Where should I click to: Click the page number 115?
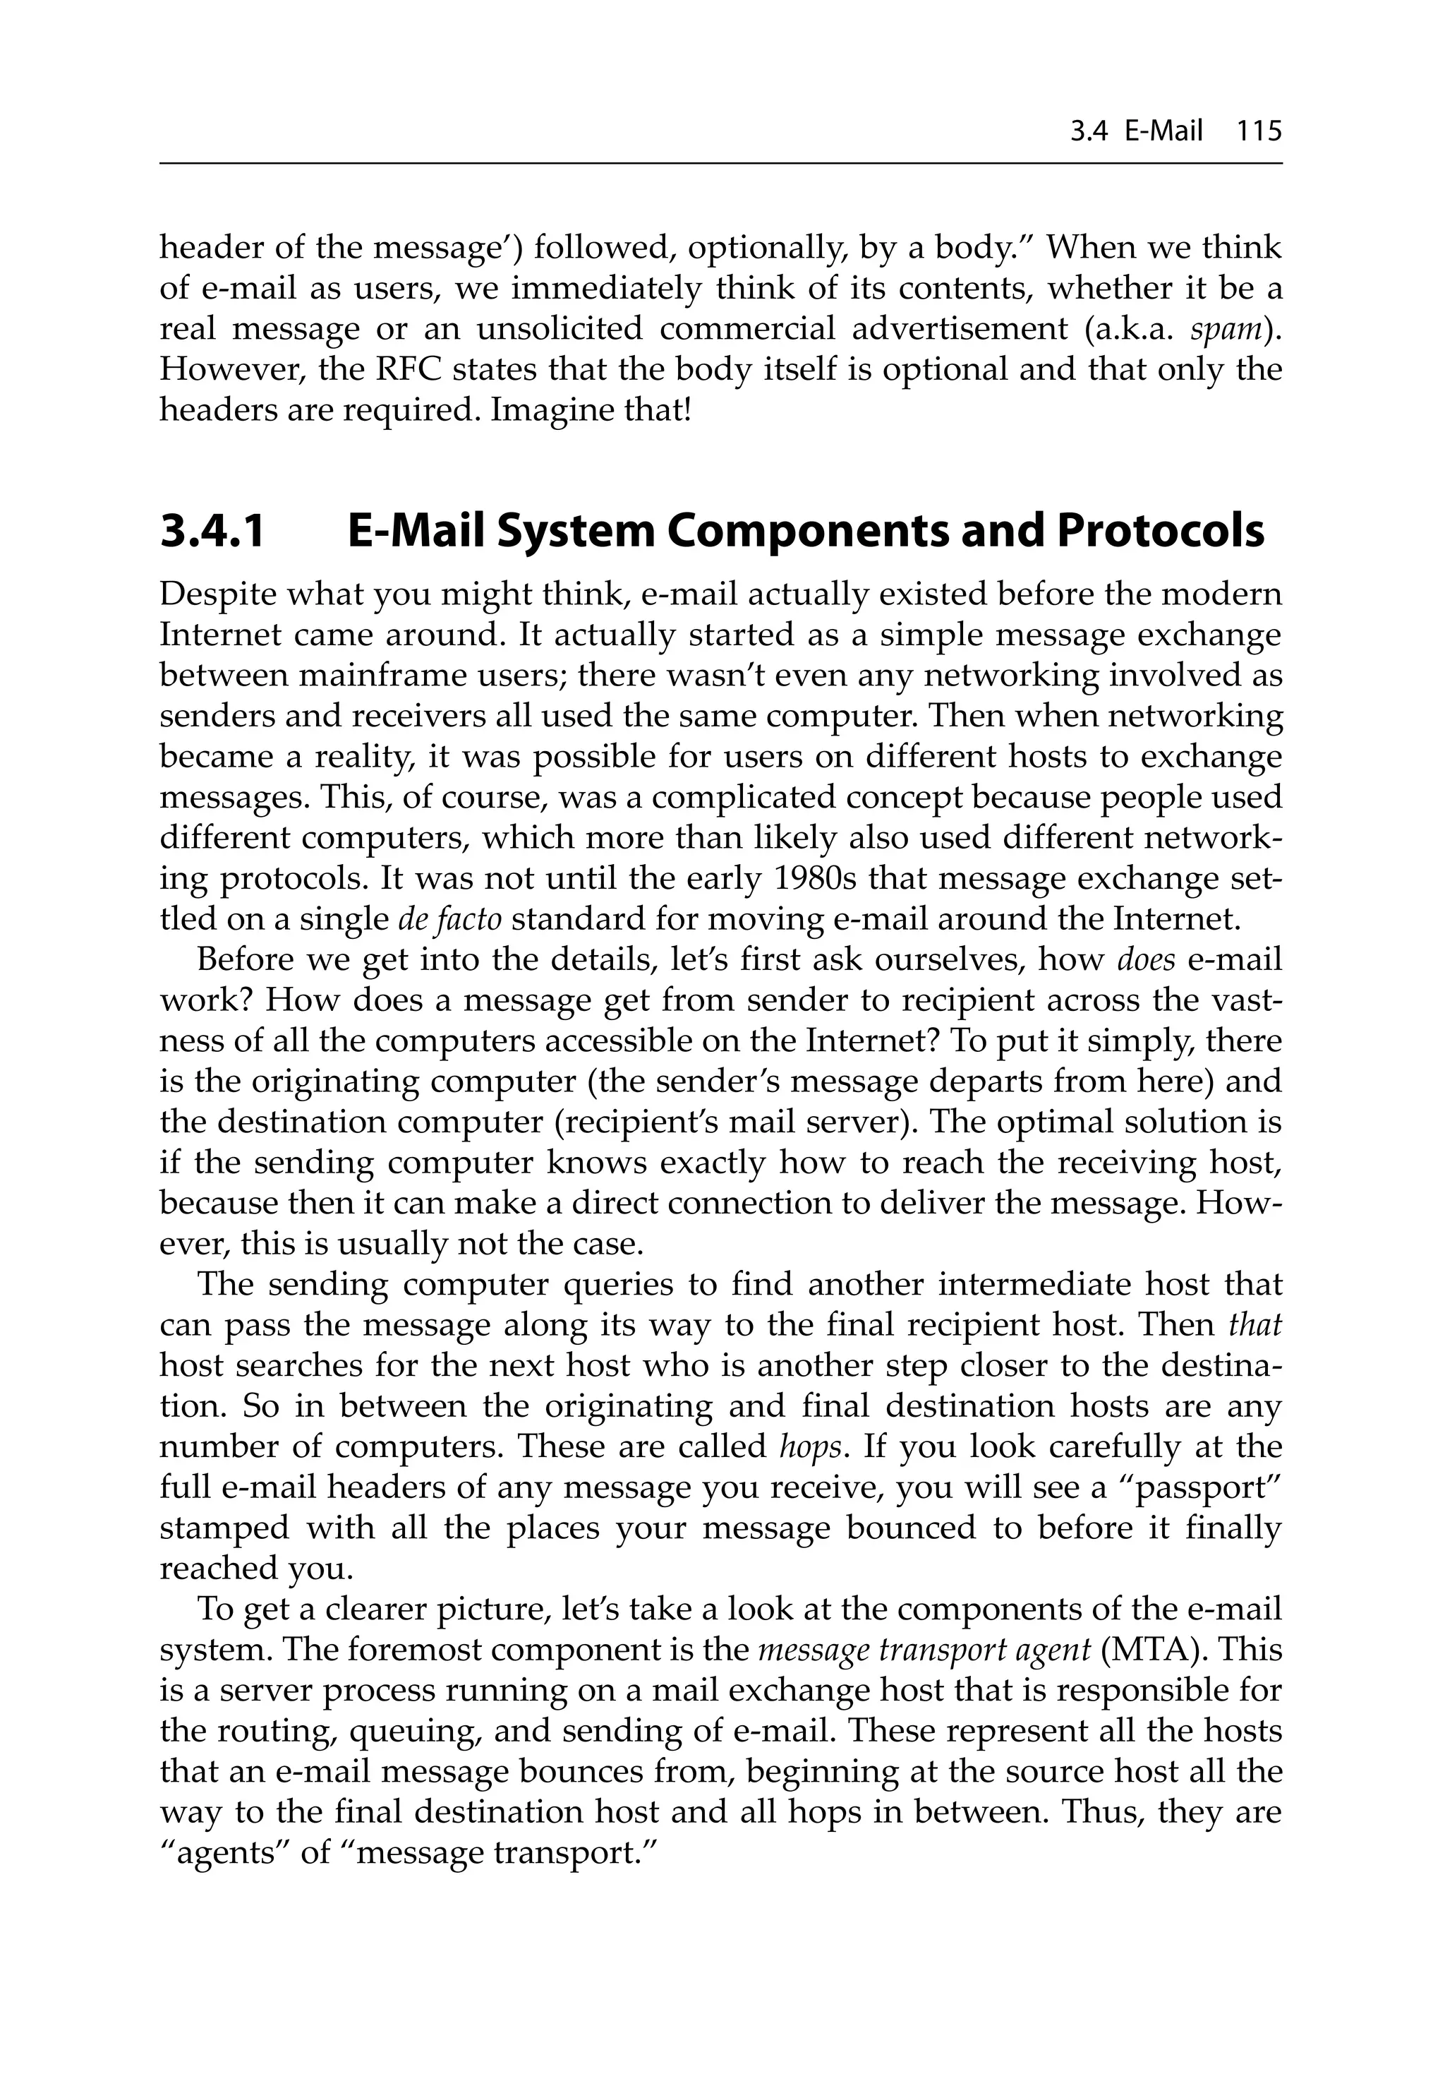1259,132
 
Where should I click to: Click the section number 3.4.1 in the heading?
213,531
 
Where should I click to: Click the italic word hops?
812,1447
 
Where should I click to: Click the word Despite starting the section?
214,594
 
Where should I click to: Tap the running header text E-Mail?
1164,132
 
